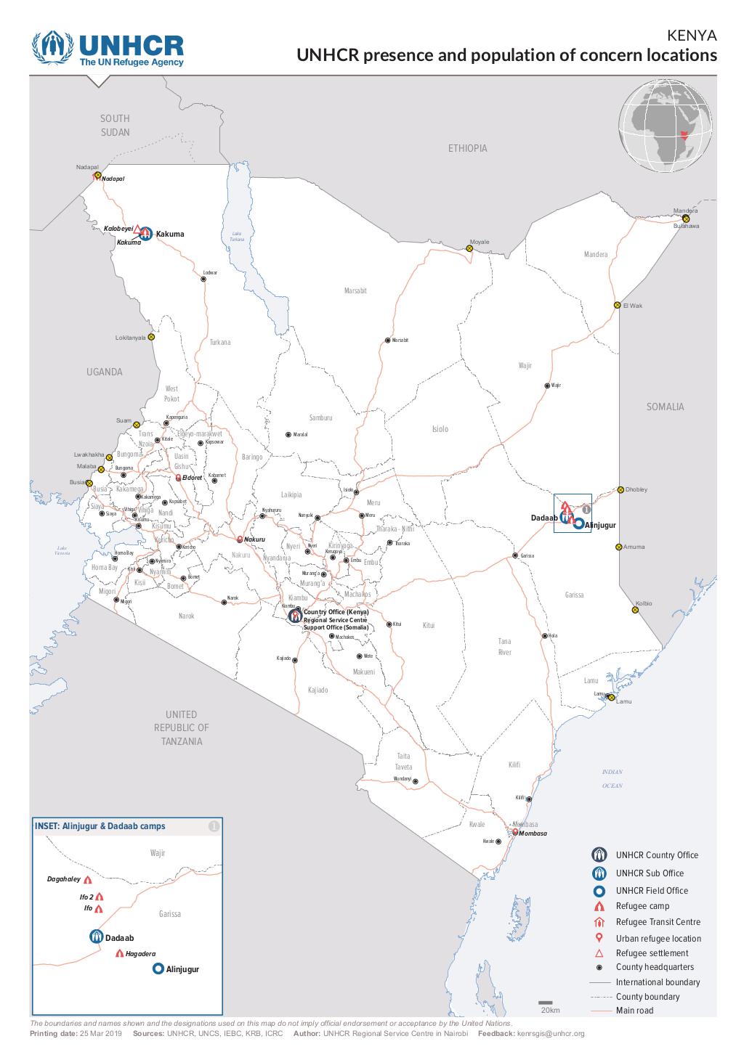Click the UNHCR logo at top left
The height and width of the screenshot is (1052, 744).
point(108,48)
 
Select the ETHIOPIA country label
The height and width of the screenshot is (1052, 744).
point(467,148)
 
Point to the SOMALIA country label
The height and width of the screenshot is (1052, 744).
point(665,407)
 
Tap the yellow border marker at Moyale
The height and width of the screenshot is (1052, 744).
point(469,248)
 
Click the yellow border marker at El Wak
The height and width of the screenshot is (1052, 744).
point(617,305)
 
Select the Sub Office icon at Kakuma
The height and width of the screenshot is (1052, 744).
point(145,234)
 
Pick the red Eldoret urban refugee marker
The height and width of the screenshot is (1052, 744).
point(179,478)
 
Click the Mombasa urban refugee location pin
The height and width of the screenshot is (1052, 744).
point(515,832)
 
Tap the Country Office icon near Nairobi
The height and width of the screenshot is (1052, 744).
point(294,616)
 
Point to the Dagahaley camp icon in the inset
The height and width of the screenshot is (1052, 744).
point(88,879)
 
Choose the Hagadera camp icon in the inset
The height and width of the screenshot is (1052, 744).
point(119,953)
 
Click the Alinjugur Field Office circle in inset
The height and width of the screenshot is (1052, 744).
point(158,969)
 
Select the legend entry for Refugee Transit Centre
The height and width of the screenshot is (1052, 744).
point(658,922)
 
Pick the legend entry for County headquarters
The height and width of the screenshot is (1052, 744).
point(654,967)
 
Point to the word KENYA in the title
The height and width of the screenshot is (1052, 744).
point(691,36)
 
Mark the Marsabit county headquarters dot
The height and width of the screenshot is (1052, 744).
point(387,341)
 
